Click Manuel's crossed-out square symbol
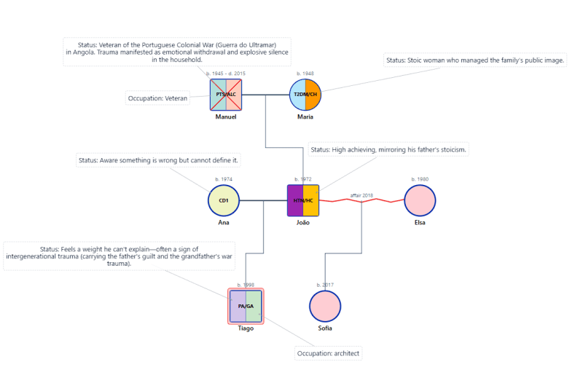coord(226,95)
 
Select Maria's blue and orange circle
coord(305,95)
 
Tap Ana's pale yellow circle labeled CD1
coord(224,200)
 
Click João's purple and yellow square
coord(303,200)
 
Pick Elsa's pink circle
coord(420,200)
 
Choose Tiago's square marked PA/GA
coord(246,306)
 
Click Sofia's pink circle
coord(325,306)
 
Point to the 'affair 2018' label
coord(361,195)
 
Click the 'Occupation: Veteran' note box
coord(158,98)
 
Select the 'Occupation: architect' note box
coord(328,354)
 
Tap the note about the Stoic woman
coord(475,60)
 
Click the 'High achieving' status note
coord(388,150)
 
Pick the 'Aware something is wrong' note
coord(158,160)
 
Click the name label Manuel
coord(226,117)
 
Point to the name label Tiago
coord(246,328)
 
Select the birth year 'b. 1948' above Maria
coord(305,74)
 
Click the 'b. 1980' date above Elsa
coord(420,179)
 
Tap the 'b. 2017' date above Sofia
coord(325,285)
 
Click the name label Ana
coord(224,222)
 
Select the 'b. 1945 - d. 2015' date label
coord(226,74)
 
